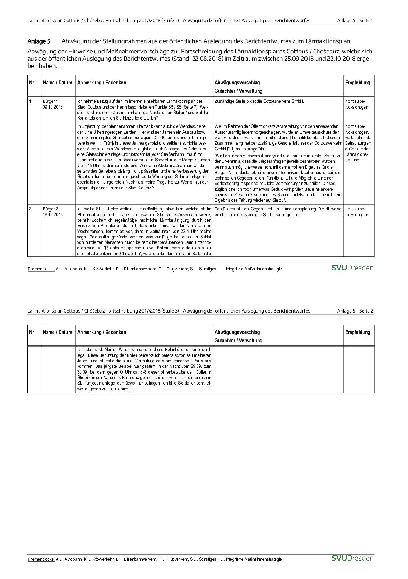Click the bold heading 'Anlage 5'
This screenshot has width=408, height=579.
click(x=39, y=41)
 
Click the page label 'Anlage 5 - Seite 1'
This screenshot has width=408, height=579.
click(x=355, y=20)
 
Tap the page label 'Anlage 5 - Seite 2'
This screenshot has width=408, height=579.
click(x=355, y=311)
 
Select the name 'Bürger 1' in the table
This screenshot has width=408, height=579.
click(x=50, y=101)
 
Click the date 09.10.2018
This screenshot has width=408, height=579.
click(x=53, y=107)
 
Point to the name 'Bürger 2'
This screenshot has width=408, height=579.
click(x=50, y=209)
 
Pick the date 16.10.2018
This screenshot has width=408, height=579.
click(x=53, y=215)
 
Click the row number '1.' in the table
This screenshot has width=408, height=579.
click(x=31, y=101)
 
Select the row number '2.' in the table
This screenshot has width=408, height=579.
click(x=31, y=209)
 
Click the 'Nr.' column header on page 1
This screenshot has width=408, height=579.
click(x=32, y=83)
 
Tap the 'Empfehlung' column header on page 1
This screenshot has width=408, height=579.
click(x=357, y=83)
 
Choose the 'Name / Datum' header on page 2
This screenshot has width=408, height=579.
click(x=57, y=332)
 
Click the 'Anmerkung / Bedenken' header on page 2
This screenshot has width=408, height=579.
click(x=102, y=332)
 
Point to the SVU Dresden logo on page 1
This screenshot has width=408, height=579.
click(x=352, y=268)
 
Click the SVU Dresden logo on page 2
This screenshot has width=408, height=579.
click(x=352, y=558)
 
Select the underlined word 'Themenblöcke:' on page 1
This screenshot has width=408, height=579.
click(x=41, y=269)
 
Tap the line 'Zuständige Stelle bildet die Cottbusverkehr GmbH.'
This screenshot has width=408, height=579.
click(x=259, y=101)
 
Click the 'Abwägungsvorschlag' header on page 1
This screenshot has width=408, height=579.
click(x=237, y=83)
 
